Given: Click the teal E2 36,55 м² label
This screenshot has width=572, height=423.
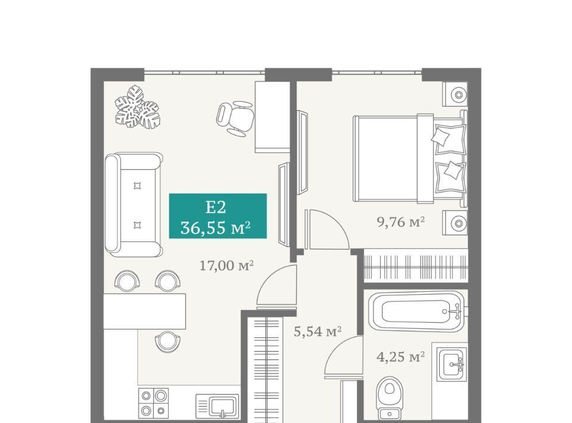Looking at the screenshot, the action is click(x=218, y=216).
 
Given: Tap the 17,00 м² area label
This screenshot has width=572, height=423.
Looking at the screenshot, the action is click(x=226, y=266).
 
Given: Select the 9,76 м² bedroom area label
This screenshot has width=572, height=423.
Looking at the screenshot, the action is click(x=400, y=222).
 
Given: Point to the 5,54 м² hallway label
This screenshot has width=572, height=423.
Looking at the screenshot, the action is click(x=318, y=331).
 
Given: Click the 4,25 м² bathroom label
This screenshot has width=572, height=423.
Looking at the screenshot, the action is click(x=400, y=357).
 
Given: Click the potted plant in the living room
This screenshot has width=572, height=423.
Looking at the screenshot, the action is click(x=137, y=107).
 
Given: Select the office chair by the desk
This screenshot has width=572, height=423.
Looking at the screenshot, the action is click(x=235, y=119).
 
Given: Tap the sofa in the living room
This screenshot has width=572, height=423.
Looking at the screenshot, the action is click(x=133, y=204).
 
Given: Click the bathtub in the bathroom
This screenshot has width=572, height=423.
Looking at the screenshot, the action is click(x=416, y=312).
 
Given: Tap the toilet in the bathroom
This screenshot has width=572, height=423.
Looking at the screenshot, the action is click(x=390, y=398).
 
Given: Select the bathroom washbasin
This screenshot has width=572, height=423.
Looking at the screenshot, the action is click(x=452, y=364).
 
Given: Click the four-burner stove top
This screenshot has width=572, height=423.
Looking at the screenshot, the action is click(x=153, y=403).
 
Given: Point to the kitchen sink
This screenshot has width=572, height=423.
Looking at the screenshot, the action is click(x=217, y=406).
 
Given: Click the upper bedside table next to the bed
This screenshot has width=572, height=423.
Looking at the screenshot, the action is click(x=455, y=95).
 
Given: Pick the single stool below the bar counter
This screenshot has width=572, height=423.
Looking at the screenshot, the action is click(x=167, y=341).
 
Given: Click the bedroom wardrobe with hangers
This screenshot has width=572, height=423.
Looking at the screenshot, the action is click(x=416, y=265).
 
